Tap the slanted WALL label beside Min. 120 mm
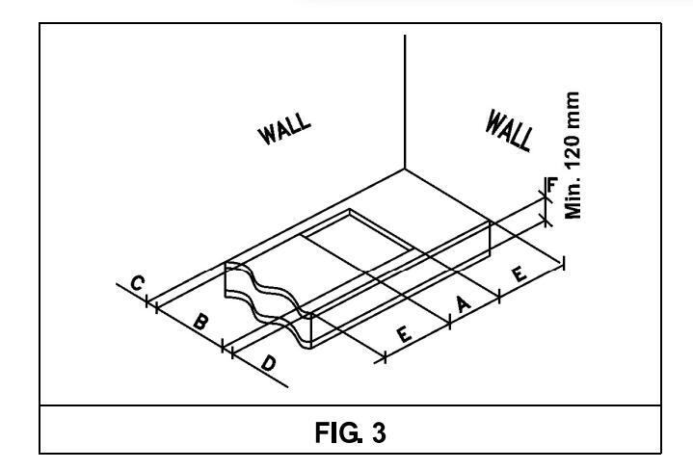point(509,129)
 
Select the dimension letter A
point(462,304)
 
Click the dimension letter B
point(199,321)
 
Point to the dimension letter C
point(138,283)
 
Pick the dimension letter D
point(269,364)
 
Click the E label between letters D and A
point(405,333)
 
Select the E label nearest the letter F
point(518,274)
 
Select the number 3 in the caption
point(379,433)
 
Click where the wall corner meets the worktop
point(405,169)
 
